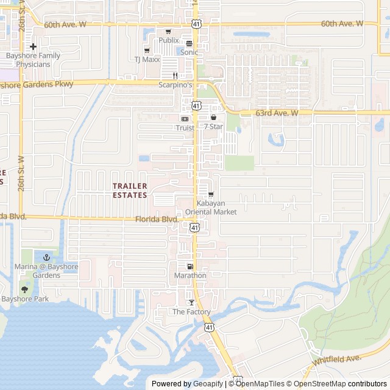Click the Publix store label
coord(169,40)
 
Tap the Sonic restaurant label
coord(189,52)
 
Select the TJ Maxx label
coord(146,60)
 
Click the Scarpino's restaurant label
coord(175,85)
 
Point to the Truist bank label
coord(185,128)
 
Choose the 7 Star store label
coord(213,126)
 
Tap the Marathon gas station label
coord(190,275)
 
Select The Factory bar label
coord(191,312)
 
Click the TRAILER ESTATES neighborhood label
coord(130,190)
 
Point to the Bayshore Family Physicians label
coord(33,60)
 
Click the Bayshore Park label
coord(25,299)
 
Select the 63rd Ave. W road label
coord(277,113)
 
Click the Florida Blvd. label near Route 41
coord(156,219)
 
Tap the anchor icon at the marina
coord(46,258)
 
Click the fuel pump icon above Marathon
coord(190,266)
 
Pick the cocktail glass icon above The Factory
coord(191,303)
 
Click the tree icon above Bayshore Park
coord(25,290)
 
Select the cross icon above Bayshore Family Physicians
coord(33,46)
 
